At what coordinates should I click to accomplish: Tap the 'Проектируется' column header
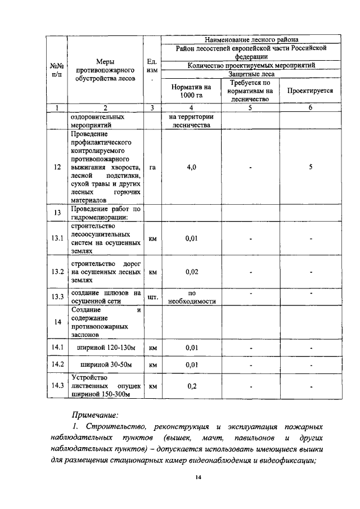coord(310,91)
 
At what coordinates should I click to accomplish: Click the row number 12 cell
coord(57,167)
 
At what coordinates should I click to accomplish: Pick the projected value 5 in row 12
coord(310,167)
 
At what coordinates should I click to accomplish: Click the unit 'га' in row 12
coord(152,167)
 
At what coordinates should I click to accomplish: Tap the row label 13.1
coord(57,238)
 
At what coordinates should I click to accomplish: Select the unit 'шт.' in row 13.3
coord(152,296)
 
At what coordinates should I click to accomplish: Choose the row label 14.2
coord(57,365)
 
